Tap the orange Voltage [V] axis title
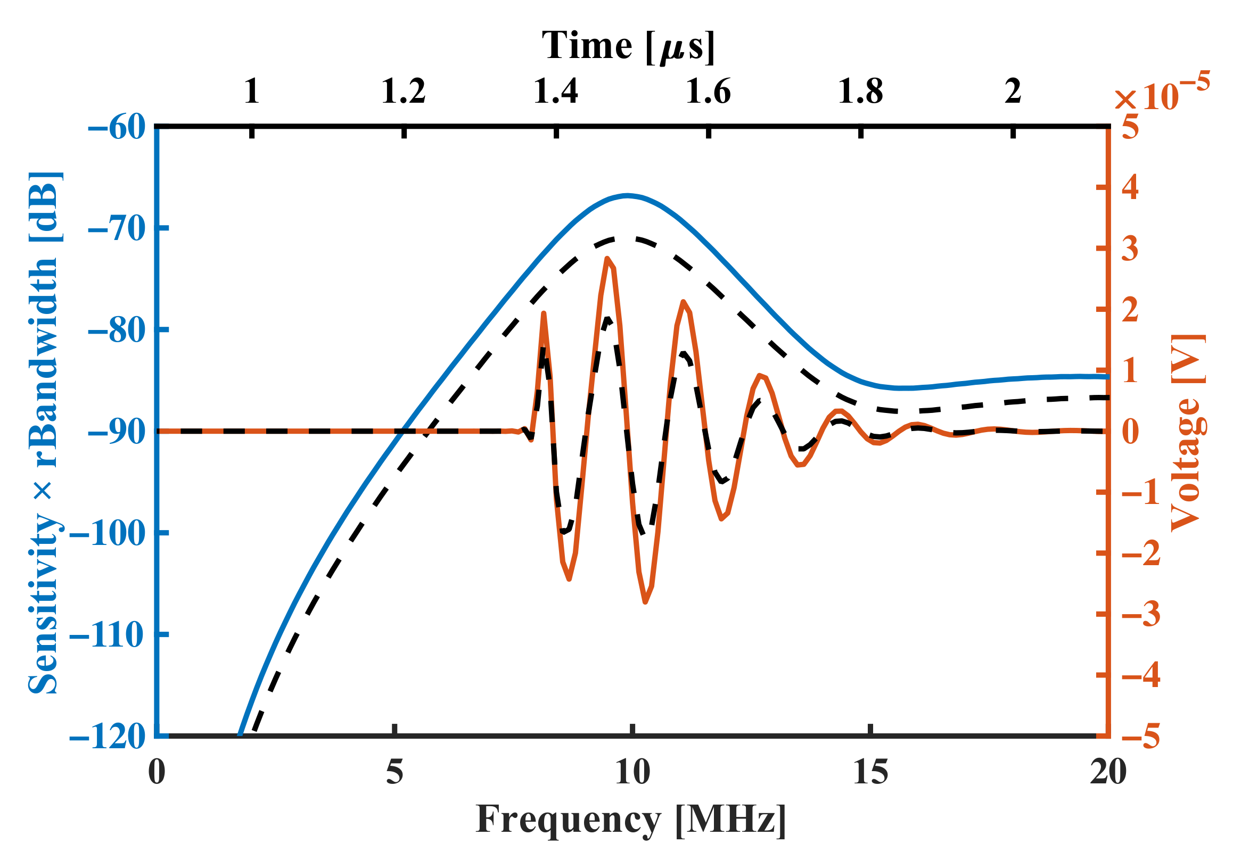1188,432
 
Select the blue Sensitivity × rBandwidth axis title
45,432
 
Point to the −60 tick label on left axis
117,128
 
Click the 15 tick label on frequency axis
870,773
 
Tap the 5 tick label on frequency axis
394,773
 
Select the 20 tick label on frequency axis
1108,773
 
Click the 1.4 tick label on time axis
556,91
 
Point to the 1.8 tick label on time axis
860,91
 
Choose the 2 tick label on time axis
1013,91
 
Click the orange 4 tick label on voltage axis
1130,187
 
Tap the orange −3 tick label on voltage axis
1141,614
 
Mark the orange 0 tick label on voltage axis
1130,432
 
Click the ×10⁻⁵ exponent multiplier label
1160,93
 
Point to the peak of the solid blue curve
627,195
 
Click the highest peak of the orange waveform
607,259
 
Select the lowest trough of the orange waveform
645,602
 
